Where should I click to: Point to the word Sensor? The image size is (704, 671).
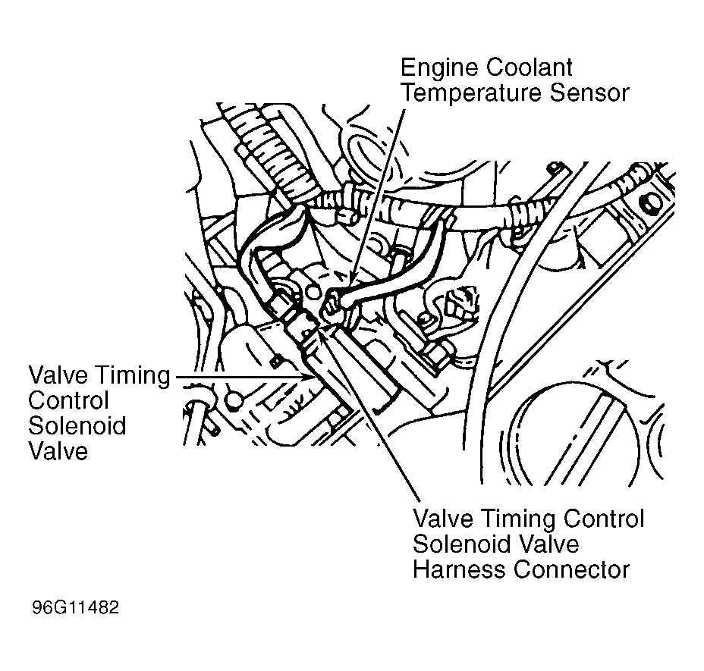(593, 94)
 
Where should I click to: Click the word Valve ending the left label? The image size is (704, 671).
(58, 451)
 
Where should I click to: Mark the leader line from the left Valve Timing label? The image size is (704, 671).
(243, 375)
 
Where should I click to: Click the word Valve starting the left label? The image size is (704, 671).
(58, 375)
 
